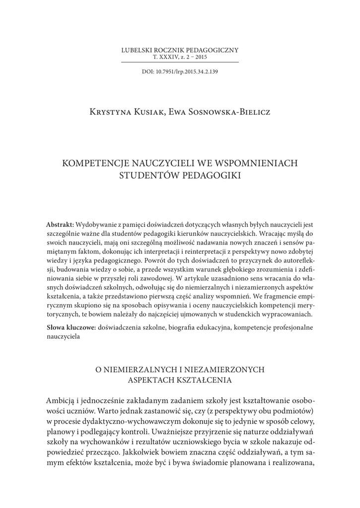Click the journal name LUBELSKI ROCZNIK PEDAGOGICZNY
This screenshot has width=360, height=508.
[180, 50]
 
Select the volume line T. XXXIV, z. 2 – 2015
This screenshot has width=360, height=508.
[180, 57]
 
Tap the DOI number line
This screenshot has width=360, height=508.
[180, 71]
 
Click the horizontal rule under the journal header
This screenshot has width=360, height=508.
[180, 62]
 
